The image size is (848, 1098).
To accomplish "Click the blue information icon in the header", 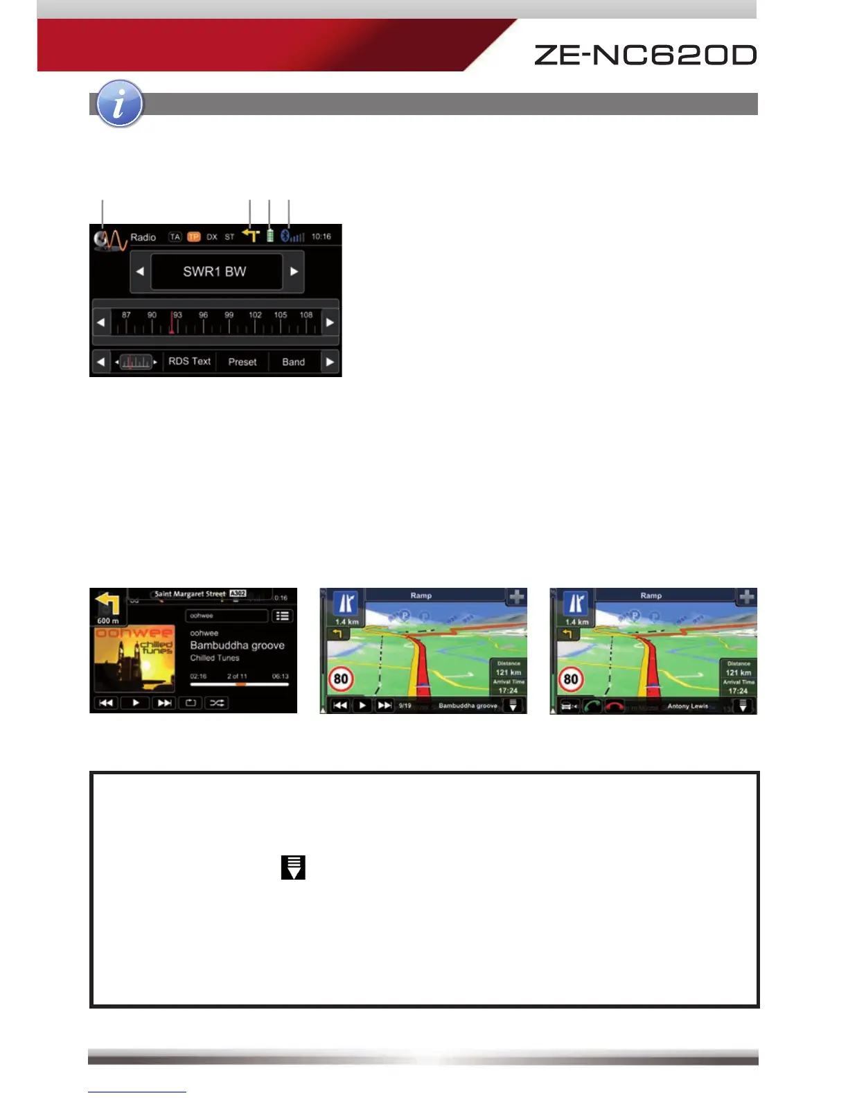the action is pyautogui.click(x=120, y=104).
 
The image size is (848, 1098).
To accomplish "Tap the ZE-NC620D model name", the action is pyautogui.click(x=644, y=55).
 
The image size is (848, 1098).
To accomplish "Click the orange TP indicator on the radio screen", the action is pyautogui.click(x=194, y=237).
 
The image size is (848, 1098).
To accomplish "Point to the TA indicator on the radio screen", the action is pyautogui.click(x=175, y=237).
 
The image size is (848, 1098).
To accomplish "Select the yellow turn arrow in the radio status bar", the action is pyautogui.click(x=250, y=236).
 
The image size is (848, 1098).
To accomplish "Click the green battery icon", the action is pyautogui.click(x=270, y=236).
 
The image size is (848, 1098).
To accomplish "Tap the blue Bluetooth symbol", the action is pyautogui.click(x=285, y=236).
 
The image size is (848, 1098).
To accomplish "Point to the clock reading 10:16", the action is pyautogui.click(x=321, y=236).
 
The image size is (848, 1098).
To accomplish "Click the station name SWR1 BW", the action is pyautogui.click(x=215, y=272).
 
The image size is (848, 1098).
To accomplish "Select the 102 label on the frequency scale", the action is pyautogui.click(x=255, y=315).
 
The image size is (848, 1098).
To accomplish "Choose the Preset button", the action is pyautogui.click(x=242, y=362).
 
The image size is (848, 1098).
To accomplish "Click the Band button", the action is pyautogui.click(x=293, y=362).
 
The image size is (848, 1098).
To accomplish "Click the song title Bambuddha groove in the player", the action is pyautogui.click(x=237, y=645).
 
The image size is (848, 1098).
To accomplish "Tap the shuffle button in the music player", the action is pyautogui.click(x=217, y=703).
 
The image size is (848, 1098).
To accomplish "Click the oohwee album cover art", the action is pyautogui.click(x=134, y=659).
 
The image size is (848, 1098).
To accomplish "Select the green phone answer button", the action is pyautogui.click(x=592, y=706).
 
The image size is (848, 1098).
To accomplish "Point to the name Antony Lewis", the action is pyautogui.click(x=687, y=706).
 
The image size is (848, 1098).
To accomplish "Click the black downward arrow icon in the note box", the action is pyautogui.click(x=293, y=867).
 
